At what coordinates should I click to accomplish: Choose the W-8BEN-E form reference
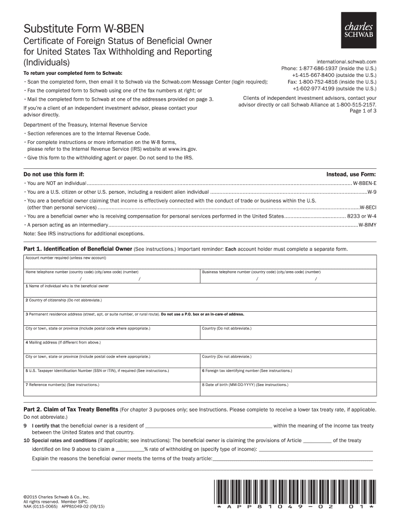(365, 184)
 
